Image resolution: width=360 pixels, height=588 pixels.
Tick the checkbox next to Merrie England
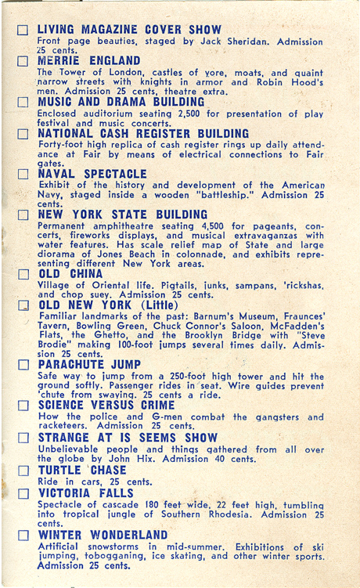[x=23, y=60]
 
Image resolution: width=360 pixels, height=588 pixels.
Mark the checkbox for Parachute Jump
[x=23, y=365]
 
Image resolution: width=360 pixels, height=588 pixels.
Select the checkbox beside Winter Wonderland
[x=23, y=535]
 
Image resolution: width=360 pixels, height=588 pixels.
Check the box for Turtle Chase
[x=23, y=470]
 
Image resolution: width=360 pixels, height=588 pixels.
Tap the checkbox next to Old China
[x=23, y=275]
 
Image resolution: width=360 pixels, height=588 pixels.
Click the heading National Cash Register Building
[x=133, y=133]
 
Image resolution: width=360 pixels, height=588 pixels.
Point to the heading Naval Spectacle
[x=92, y=173]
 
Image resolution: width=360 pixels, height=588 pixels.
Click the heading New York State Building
[x=123, y=214]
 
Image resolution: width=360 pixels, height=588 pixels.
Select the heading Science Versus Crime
[x=106, y=405]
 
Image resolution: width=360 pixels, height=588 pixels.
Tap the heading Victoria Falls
[x=86, y=493]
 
